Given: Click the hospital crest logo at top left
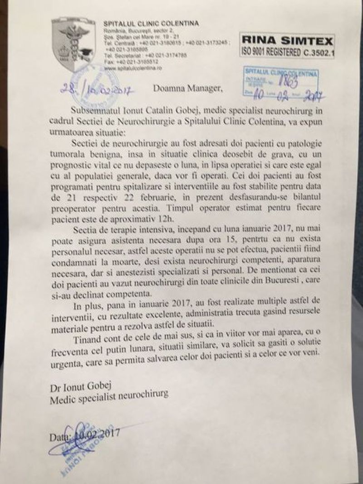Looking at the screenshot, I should (x=72, y=45).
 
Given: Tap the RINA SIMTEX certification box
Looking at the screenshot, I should (x=287, y=45).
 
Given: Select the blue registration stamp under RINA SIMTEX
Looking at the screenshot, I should (x=280, y=82).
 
